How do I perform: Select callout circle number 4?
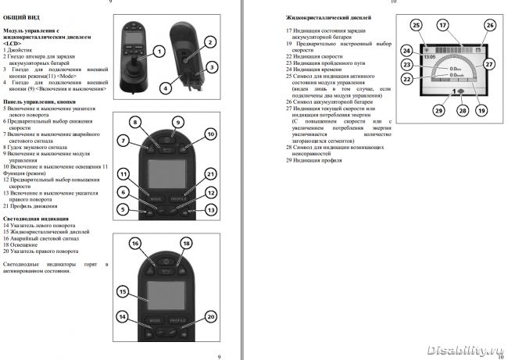pos(165,88)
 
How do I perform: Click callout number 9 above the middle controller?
pos(178,123)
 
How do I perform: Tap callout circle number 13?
pos(210,211)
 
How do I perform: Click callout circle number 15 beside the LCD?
pos(122,292)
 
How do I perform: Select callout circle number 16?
pos(135,244)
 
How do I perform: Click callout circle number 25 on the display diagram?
pos(417,25)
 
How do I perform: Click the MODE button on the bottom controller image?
pos(155,321)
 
